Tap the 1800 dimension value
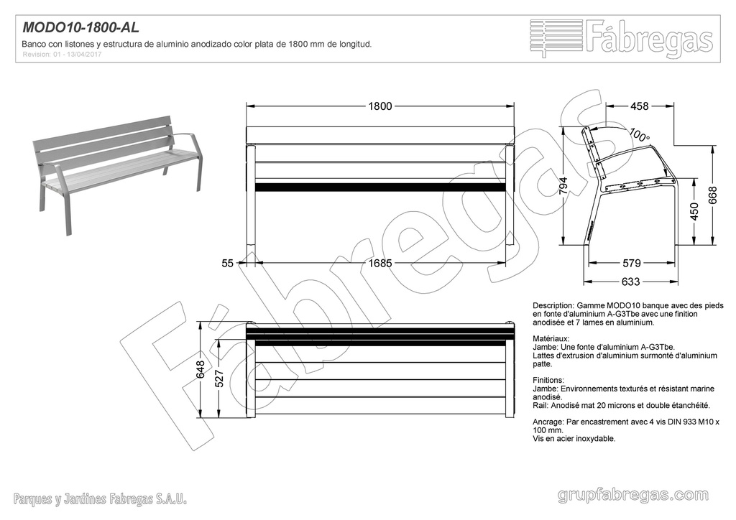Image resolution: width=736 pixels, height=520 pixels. click(380, 106)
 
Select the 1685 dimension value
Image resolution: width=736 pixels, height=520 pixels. click(380, 264)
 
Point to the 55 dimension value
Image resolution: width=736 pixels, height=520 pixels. click(228, 264)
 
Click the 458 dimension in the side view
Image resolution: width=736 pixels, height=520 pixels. click(639, 106)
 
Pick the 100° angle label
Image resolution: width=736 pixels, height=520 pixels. click(639, 134)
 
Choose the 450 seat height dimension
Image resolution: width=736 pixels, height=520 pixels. click(694, 212)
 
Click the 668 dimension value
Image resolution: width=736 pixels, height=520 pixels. click(713, 195)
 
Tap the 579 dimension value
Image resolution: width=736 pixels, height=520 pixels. click(632, 264)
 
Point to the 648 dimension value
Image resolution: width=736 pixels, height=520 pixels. click(201, 368)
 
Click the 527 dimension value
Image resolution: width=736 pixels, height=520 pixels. click(220, 378)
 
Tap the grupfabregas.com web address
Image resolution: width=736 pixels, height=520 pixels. click(633, 495)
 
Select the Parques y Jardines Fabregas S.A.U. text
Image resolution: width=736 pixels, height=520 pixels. click(101, 498)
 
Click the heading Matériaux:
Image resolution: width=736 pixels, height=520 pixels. click(551, 338)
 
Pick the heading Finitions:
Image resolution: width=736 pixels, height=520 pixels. click(548, 379)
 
